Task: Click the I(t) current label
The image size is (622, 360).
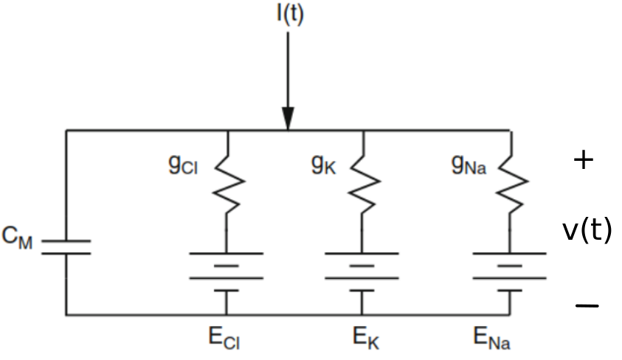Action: point(289,15)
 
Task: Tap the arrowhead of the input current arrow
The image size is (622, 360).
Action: point(288,118)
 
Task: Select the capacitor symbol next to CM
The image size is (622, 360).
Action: point(66,246)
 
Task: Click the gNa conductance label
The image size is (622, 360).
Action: point(470,165)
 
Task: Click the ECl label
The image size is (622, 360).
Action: point(225,339)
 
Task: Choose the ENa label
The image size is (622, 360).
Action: point(492,339)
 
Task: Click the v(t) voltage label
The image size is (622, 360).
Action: point(587,231)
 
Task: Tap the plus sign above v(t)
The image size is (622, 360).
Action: point(583,161)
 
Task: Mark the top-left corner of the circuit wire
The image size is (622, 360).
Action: point(66,131)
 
